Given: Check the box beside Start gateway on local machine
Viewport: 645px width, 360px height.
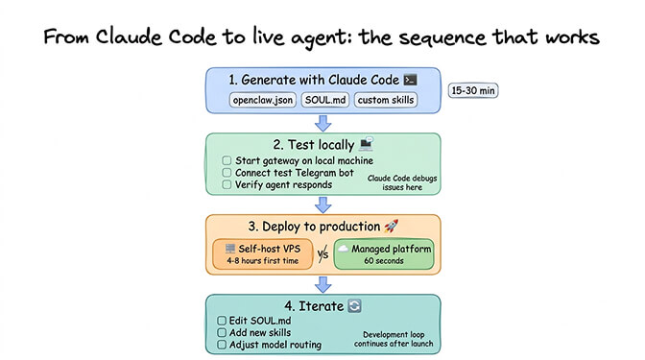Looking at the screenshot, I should pyautogui.click(x=226, y=159).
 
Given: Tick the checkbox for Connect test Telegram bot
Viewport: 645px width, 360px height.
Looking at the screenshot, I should pyautogui.click(x=226, y=172).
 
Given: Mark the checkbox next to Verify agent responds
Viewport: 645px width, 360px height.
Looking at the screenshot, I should pyautogui.click(x=226, y=184).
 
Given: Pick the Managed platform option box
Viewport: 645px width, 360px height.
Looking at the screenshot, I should pyautogui.click(x=384, y=253).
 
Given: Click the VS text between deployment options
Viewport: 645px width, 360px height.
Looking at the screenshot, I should pyautogui.click(x=322, y=253).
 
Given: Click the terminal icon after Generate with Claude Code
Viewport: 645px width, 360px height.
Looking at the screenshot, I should pyautogui.click(x=410, y=80).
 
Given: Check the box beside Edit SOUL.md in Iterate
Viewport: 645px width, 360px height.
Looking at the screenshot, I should pyautogui.click(x=223, y=320).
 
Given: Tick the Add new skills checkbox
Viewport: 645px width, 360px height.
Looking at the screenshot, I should pyautogui.click(x=223, y=332).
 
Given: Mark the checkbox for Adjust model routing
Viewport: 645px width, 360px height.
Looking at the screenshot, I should pyautogui.click(x=223, y=345).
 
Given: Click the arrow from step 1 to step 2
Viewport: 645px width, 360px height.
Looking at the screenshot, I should pyautogui.click(x=322, y=122).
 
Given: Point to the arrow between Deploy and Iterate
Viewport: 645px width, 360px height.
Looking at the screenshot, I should pyautogui.click(x=322, y=284).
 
